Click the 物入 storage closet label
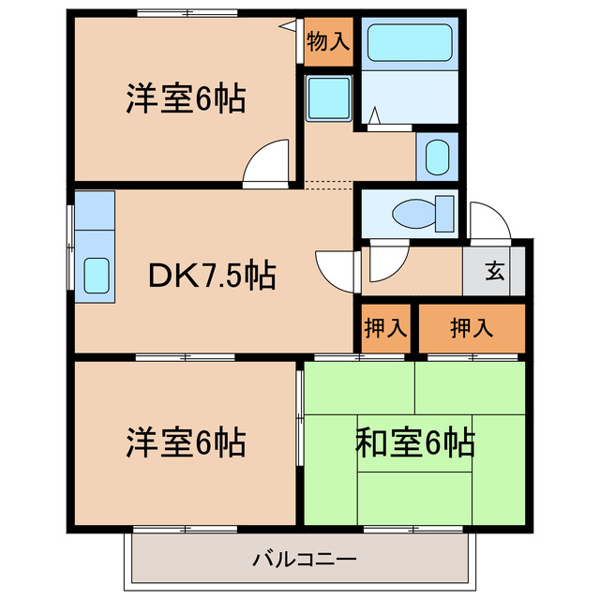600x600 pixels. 328,41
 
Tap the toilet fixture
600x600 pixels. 412,213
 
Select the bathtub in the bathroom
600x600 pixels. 409,43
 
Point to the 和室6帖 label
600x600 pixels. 414,441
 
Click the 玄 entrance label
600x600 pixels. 493,274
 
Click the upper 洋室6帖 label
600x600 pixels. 186,98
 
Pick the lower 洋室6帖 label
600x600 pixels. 186,441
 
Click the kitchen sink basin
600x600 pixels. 96,275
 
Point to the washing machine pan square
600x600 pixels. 327,97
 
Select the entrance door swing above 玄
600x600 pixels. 488,220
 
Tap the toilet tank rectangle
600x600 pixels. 446,215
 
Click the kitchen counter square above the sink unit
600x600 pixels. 94,211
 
